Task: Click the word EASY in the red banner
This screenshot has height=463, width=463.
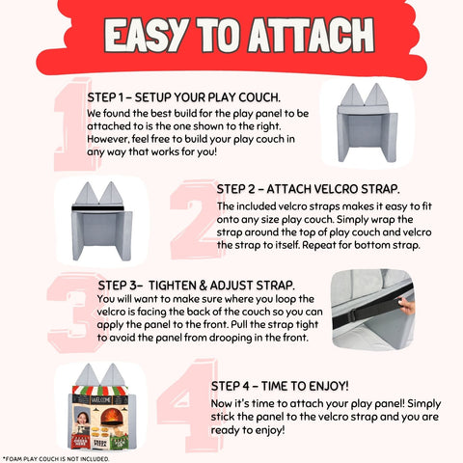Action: [146, 35]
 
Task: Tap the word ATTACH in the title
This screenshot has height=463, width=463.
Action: [311, 35]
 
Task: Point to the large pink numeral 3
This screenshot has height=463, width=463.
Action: [75, 312]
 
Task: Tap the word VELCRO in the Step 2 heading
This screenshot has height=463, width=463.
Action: [336, 189]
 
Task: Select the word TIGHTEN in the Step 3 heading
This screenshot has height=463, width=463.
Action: [172, 286]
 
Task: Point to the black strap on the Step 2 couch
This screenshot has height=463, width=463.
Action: [97, 208]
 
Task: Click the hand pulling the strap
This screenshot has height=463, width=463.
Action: [406, 306]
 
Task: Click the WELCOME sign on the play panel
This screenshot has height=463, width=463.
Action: [101, 400]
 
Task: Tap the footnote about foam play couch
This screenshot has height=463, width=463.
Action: [56, 459]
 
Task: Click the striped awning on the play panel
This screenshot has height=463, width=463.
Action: [100, 391]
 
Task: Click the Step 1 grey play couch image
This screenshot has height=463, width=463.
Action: [368, 123]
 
